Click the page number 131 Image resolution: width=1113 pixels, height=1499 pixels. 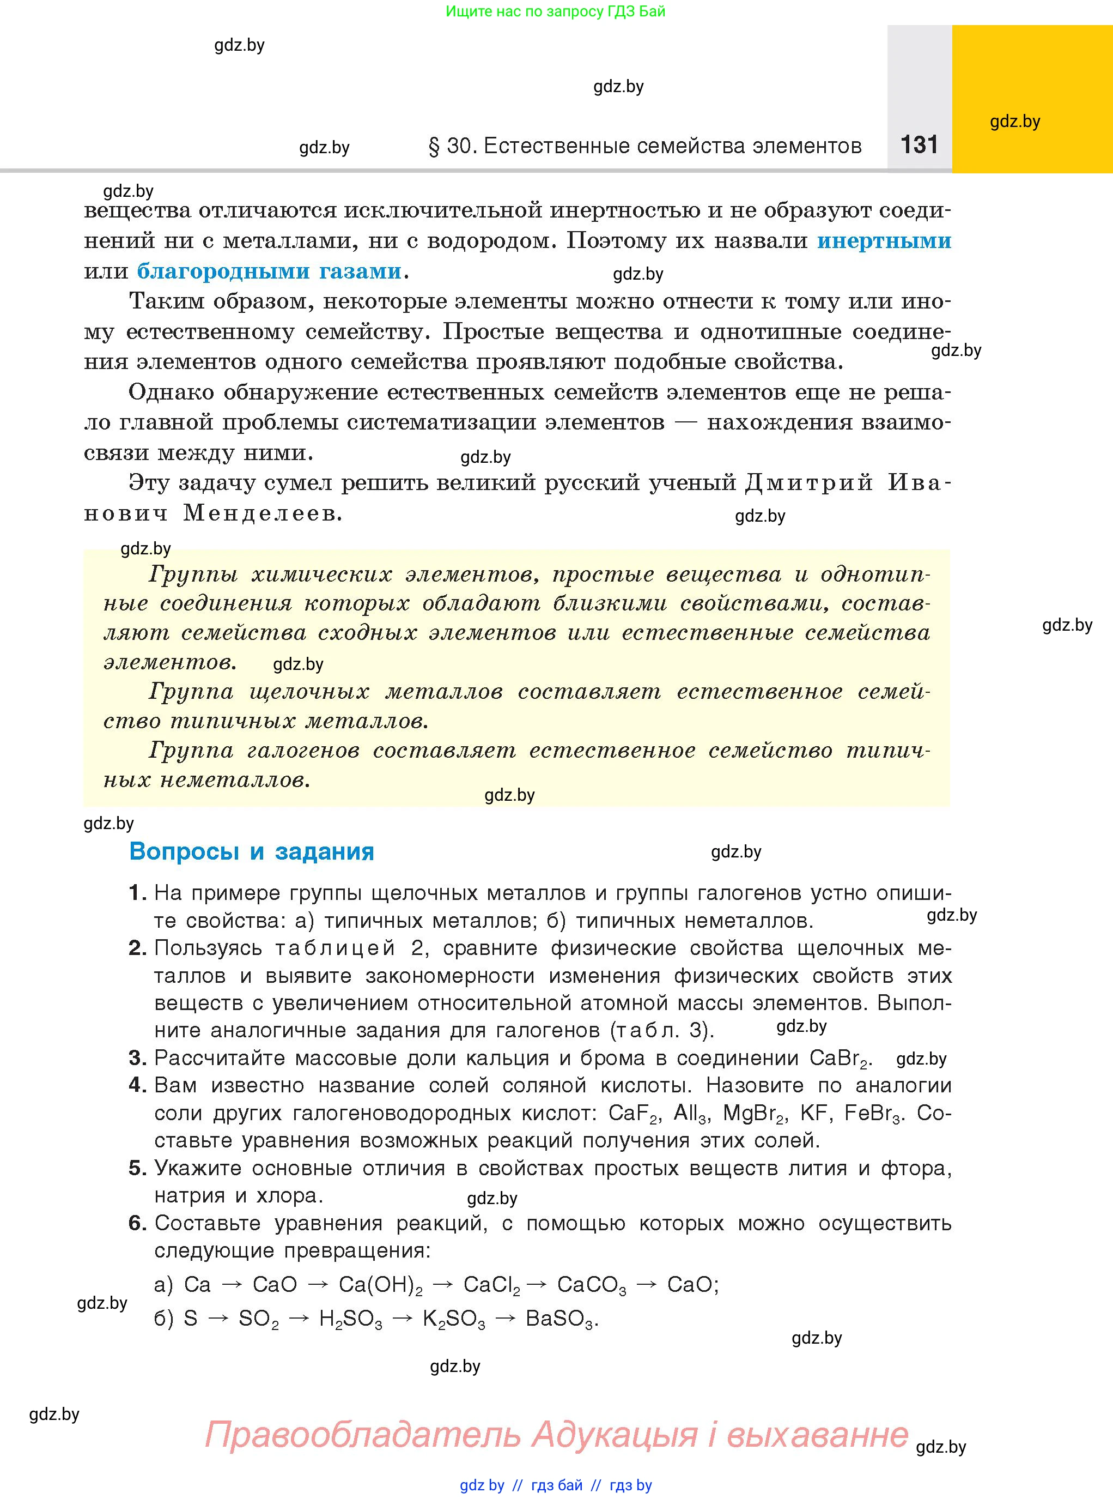coord(919,144)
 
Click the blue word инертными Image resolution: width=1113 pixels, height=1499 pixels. coord(884,240)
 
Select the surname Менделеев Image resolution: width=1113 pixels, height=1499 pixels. coord(263,513)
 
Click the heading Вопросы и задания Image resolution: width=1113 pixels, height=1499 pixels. coord(251,851)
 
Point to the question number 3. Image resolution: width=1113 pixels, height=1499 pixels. coord(137,1057)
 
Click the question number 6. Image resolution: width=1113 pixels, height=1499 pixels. coord(137,1223)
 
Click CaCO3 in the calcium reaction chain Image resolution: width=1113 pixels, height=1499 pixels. coord(592,1285)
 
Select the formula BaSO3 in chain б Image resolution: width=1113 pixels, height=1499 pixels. coord(561,1319)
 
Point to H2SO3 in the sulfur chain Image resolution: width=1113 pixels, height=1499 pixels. coord(350,1319)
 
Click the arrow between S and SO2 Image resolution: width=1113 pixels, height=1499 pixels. coord(218,1319)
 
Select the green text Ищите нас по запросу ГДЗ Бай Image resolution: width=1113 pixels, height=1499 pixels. coord(556,11)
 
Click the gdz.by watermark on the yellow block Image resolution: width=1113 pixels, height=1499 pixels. coord(1014,122)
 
